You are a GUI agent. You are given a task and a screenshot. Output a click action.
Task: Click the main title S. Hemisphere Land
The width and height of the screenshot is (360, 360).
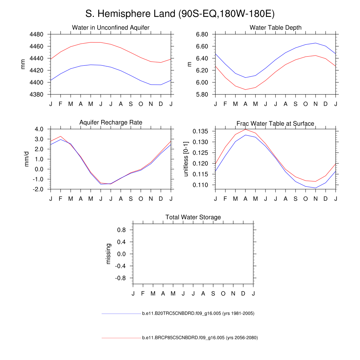pyautogui.click(x=180, y=14)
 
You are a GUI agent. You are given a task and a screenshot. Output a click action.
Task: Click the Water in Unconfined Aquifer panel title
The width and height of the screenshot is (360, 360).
pyautogui.click(x=111, y=27)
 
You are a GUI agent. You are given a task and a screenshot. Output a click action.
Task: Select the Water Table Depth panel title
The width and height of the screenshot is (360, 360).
pyautogui.click(x=275, y=27)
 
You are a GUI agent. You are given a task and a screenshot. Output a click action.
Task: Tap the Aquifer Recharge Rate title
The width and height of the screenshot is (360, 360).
pyautogui.click(x=111, y=122)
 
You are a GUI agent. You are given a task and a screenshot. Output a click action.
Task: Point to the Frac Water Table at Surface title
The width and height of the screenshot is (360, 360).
pyautogui.click(x=275, y=124)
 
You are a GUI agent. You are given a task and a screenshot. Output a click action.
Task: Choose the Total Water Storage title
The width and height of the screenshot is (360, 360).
pyautogui.click(x=193, y=217)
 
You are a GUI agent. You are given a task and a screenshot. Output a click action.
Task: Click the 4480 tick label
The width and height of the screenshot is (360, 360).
pyautogui.click(x=36, y=34)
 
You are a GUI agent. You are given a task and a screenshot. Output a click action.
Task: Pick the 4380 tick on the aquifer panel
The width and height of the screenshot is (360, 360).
pyautogui.click(x=36, y=95)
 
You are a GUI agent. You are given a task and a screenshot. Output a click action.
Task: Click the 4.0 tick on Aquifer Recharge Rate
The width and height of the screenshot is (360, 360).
pyautogui.click(x=39, y=129)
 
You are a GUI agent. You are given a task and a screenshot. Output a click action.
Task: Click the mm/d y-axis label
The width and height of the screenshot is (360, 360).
pyautogui.click(x=26, y=159)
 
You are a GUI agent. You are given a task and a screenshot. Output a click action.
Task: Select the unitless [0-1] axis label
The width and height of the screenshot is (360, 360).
pyautogui.click(x=186, y=159)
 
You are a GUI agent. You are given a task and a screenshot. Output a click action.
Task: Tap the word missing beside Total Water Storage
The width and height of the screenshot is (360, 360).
pyautogui.click(x=108, y=254)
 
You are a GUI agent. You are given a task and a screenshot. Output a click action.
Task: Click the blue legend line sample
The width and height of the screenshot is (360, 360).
pyautogui.click(x=121, y=313)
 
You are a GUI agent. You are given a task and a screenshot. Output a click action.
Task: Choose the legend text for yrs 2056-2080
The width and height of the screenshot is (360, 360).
pyautogui.click(x=200, y=338)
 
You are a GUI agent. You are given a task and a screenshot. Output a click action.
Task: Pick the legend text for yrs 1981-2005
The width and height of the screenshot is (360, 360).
pyautogui.click(x=198, y=313)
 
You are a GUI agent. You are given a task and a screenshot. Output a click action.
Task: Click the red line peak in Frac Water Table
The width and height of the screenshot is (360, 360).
pyautogui.click(x=245, y=129)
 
